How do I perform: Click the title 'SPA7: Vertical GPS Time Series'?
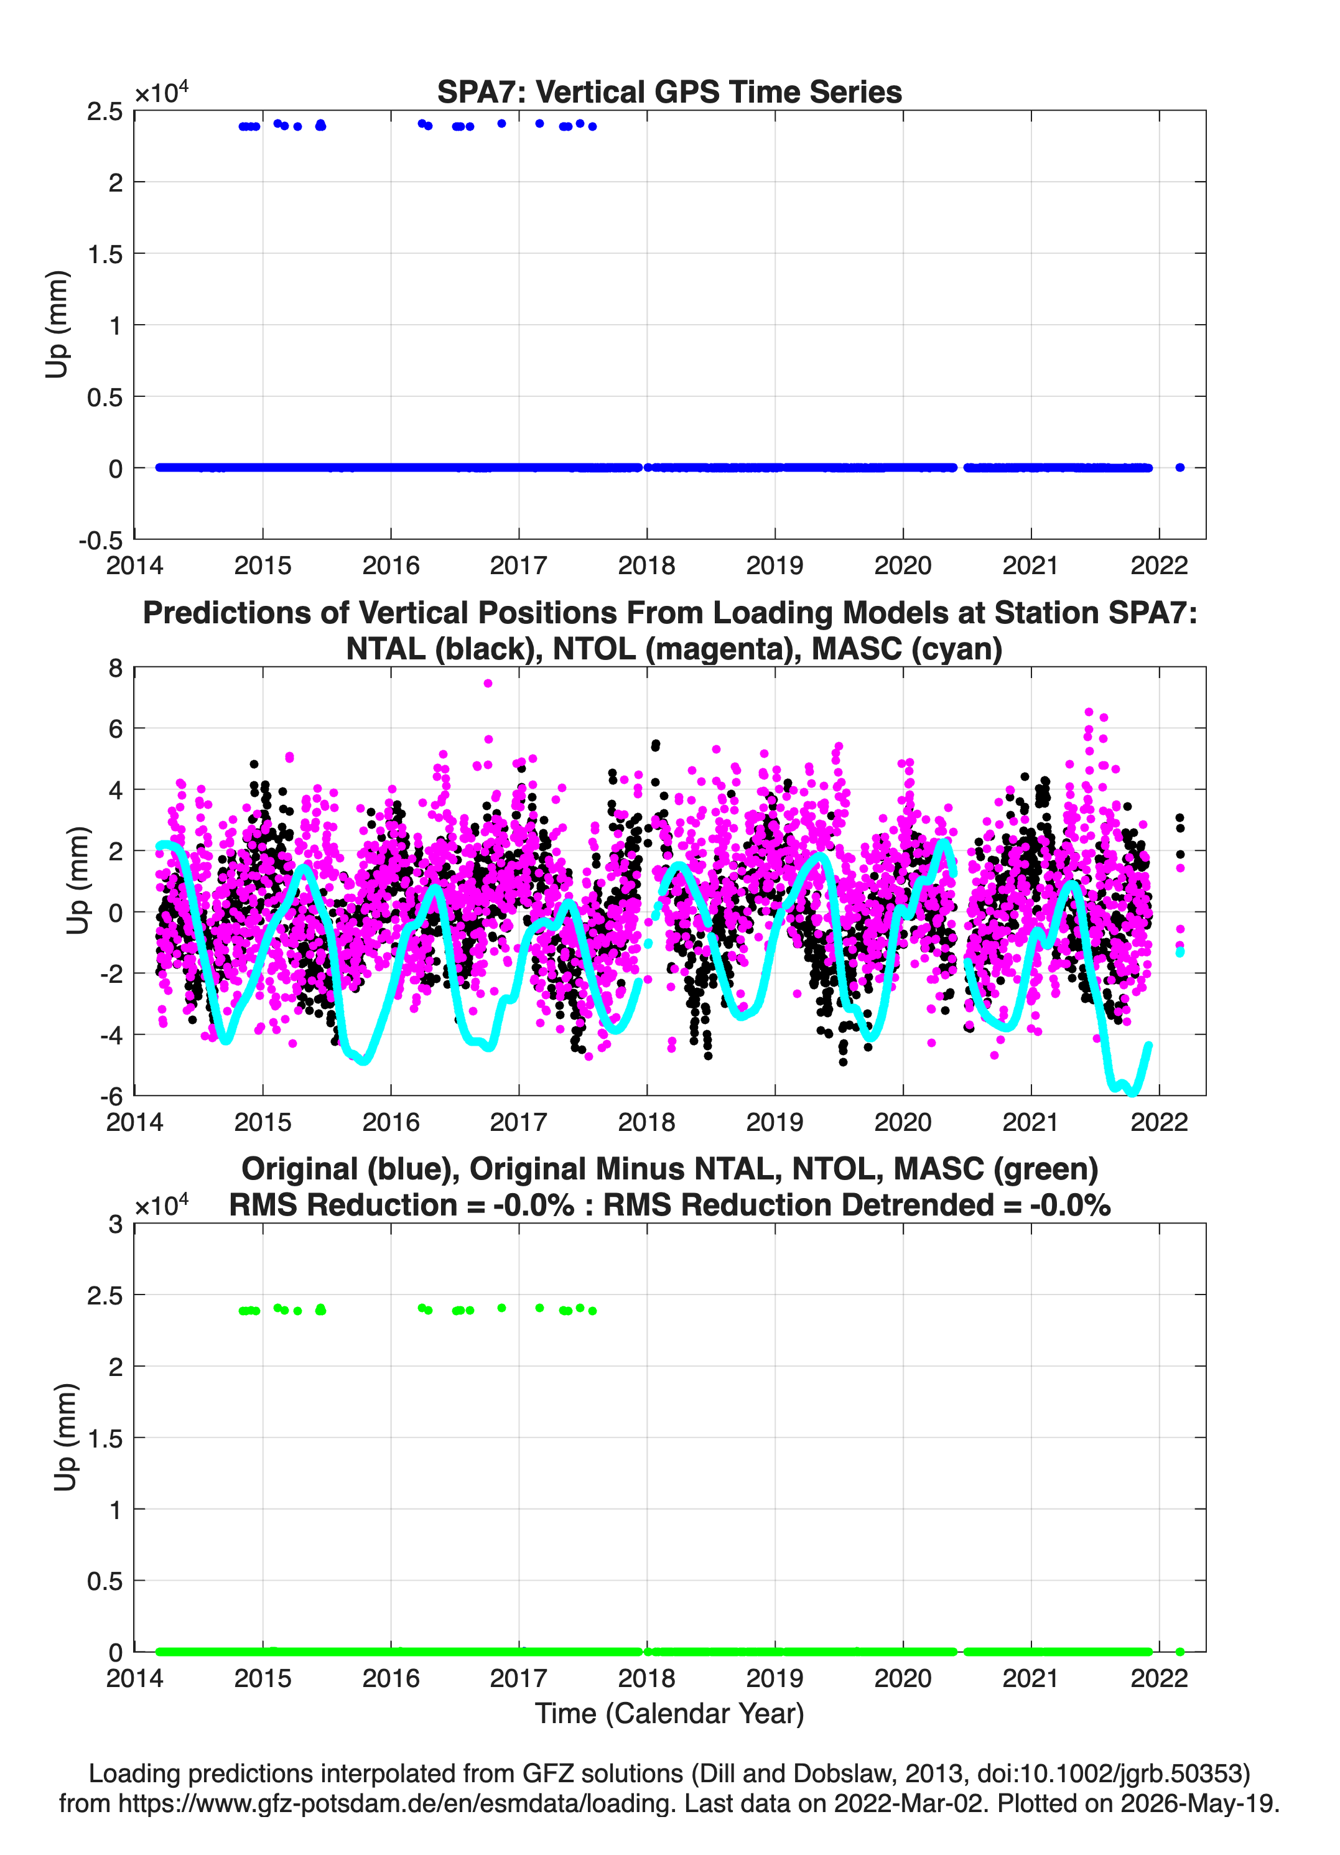coord(669,91)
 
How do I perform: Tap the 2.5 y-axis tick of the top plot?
coord(105,111)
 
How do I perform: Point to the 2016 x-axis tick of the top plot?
coord(390,565)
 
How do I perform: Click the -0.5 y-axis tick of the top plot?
coord(101,540)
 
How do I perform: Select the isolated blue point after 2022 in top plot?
coord(1179,468)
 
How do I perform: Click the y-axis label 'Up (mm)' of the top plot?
coord(57,325)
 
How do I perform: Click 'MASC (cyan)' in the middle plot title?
coord(907,649)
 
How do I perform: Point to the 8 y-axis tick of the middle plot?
coord(115,668)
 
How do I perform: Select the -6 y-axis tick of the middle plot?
coord(111,1096)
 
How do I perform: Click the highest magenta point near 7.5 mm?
coord(488,683)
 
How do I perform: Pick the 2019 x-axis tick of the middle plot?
coord(775,1122)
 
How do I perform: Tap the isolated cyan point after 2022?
coord(1179,952)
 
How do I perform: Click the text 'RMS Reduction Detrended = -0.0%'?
coord(857,1205)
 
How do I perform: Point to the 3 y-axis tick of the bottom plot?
coord(115,1224)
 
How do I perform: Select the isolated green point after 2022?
coord(1179,1652)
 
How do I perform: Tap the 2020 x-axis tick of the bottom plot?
coord(903,1678)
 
